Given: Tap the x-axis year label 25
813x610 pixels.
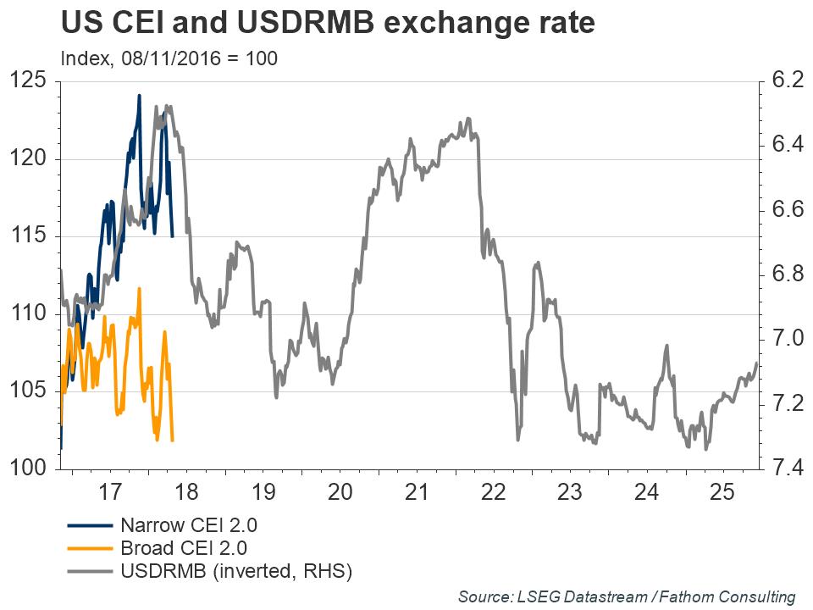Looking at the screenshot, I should pos(722,491).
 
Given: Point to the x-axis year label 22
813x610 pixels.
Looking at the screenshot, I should pos(493,491).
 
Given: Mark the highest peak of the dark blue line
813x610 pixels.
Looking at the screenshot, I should pos(140,96).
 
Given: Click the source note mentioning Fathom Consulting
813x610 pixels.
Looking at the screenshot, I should pos(627,596).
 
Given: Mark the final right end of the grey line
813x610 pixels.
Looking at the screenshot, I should pos(756,363).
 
